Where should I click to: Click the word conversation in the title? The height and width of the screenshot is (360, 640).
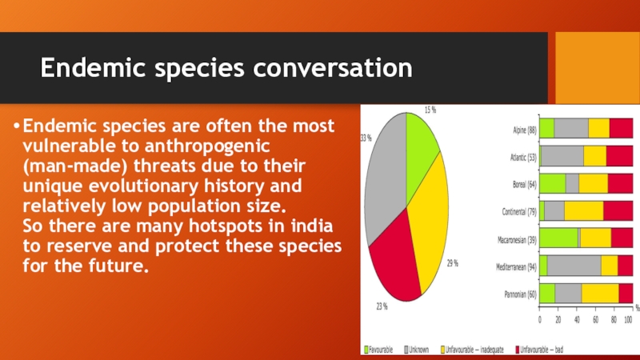(x=333, y=67)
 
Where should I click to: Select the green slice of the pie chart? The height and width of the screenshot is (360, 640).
(x=421, y=152)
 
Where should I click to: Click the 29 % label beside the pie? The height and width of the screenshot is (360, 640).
(x=453, y=264)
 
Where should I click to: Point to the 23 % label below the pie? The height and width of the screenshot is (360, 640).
(x=382, y=306)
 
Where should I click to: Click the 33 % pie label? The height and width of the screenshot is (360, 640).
(x=366, y=138)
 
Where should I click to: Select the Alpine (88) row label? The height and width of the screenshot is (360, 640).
(x=525, y=130)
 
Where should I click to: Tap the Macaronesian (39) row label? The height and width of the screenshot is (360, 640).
(x=517, y=240)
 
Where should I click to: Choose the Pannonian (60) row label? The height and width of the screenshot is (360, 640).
(x=521, y=294)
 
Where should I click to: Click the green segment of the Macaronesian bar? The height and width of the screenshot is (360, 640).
(x=558, y=238)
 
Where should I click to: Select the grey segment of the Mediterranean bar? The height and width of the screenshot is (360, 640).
(x=574, y=266)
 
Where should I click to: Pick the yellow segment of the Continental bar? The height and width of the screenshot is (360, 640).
(x=584, y=210)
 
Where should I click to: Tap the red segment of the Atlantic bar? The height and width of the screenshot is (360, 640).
(x=619, y=156)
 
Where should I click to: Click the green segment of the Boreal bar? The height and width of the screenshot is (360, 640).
(x=553, y=183)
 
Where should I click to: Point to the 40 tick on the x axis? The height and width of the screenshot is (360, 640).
(x=577, y=320)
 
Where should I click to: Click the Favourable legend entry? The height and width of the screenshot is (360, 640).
(x=378, y=350)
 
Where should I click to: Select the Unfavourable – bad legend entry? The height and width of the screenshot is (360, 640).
(x=539, y=350)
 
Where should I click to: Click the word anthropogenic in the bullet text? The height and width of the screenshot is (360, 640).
(x=207, y=146)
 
